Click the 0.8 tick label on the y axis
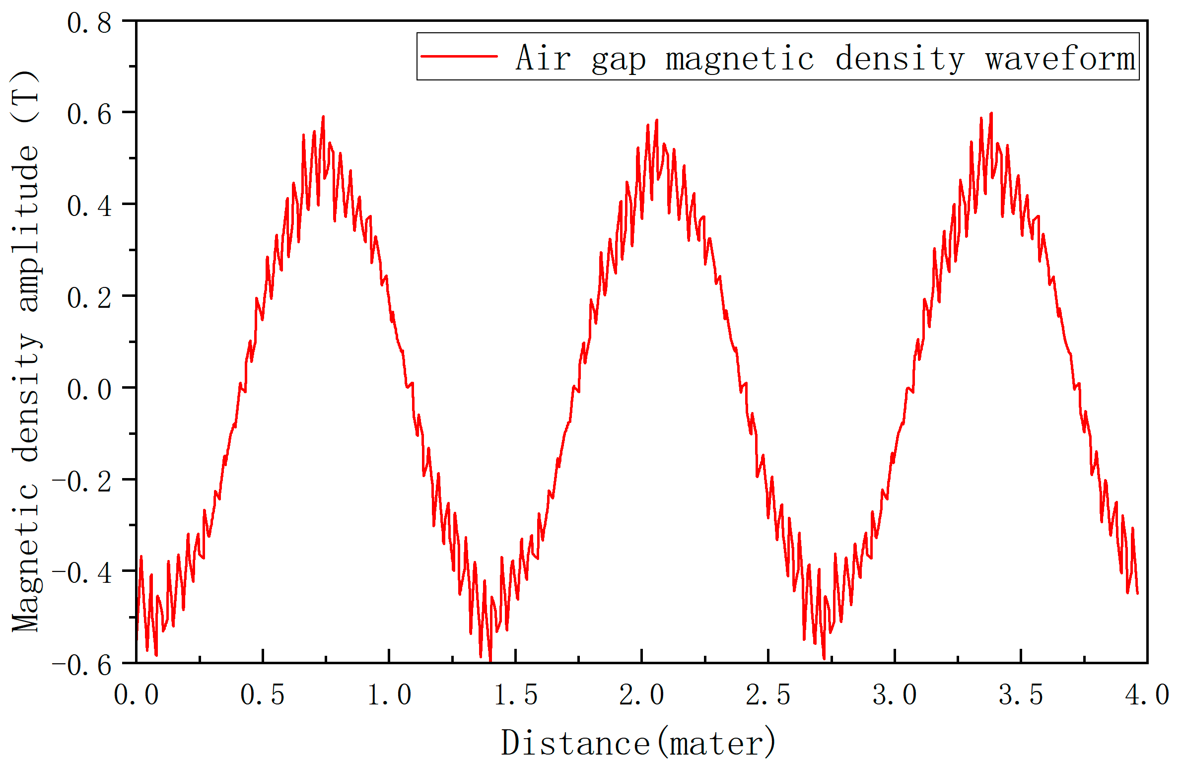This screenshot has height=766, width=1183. coord(89,23)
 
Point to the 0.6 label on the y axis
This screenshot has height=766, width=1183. coord(89,114)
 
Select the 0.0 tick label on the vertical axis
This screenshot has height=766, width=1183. coord(89,389)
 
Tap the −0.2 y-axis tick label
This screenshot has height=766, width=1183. coord(82,481)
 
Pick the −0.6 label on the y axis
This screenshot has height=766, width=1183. coord(82,665)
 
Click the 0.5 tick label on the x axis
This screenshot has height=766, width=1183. coord(263,695)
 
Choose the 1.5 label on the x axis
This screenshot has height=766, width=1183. coord(515,695)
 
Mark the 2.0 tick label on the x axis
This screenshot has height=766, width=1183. coord(642,695)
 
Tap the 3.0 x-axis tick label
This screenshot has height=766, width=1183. coord(895,695)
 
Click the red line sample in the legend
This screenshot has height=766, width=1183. coord(459,56)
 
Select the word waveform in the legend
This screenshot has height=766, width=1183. coord(1060,58)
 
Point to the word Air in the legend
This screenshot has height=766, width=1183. coord(543,58)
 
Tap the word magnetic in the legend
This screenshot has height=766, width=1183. coord(740,59)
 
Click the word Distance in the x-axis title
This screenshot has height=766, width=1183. coord(575,743)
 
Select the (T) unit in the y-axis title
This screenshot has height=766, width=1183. coord(25,96)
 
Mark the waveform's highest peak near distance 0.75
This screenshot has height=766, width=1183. coord(324,117)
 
